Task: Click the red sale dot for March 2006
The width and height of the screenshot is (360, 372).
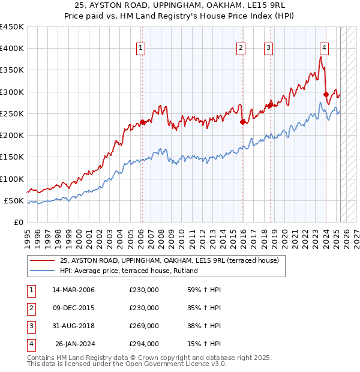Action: coord(142,122)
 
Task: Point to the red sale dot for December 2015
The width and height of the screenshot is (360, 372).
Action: coord(243,122)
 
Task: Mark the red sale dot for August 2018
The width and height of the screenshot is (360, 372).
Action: coord(271,106)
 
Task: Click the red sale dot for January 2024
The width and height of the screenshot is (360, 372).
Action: coord(326,94)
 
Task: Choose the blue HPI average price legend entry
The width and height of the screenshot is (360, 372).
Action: coord(128,271)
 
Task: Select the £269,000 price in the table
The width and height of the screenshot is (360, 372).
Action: coord(144,326)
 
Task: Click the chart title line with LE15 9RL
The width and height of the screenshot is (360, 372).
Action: coord(180,5)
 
